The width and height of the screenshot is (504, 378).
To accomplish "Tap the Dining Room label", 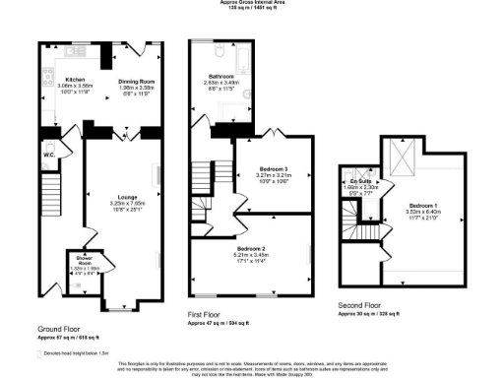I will [132, 82].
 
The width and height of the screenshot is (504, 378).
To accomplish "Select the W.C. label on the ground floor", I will [48, 154].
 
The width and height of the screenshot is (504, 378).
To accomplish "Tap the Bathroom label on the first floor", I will [220, 76].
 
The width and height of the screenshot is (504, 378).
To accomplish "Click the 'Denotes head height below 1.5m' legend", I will [75, 351].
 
